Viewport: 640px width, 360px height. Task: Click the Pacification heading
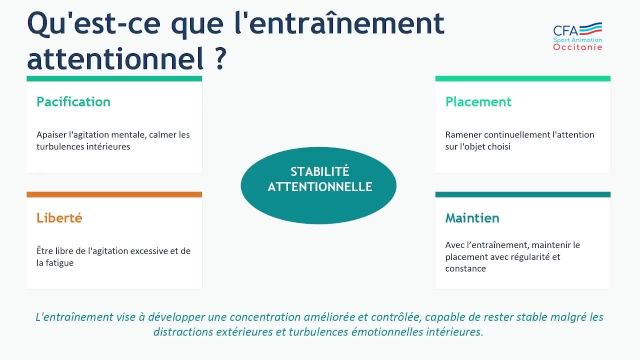73,102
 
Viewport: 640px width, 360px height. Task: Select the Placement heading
478,102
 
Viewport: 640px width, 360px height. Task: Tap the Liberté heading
59,217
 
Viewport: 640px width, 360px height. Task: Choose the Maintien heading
472,217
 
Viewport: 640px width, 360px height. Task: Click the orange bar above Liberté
114,194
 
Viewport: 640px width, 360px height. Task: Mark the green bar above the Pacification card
114,78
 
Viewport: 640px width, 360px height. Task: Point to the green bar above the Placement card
522,78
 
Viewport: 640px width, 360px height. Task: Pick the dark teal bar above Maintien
522,194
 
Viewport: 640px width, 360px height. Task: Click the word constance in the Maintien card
465,268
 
